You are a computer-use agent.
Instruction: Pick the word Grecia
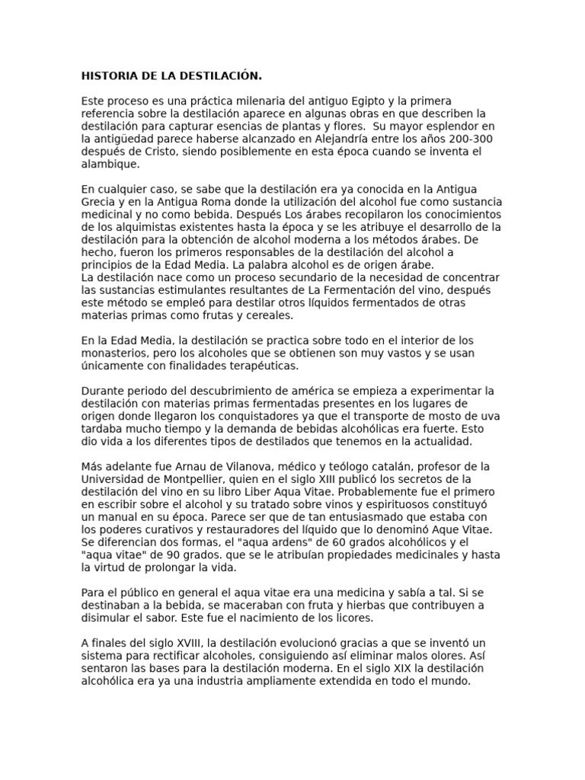[97, 202]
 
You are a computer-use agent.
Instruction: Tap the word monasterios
[115, 353]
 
